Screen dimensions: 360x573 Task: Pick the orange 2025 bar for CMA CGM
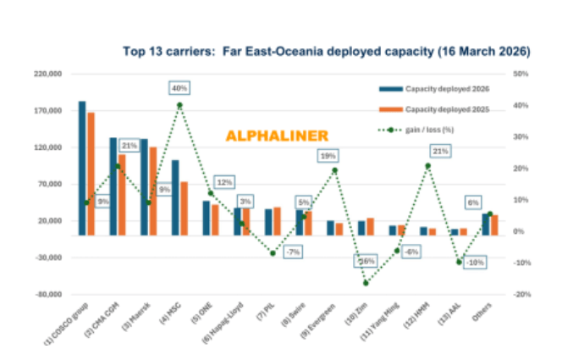tap(122, 194)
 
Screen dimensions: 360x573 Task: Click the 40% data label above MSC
tap(179, 88)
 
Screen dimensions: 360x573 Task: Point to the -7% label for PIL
tap(293, 252)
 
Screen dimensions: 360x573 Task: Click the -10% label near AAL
tap(476, 262)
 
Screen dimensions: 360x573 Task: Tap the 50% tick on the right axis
tap(521, 75)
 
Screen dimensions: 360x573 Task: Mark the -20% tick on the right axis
tap(521, 295)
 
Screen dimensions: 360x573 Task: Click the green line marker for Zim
tap(366, 283)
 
